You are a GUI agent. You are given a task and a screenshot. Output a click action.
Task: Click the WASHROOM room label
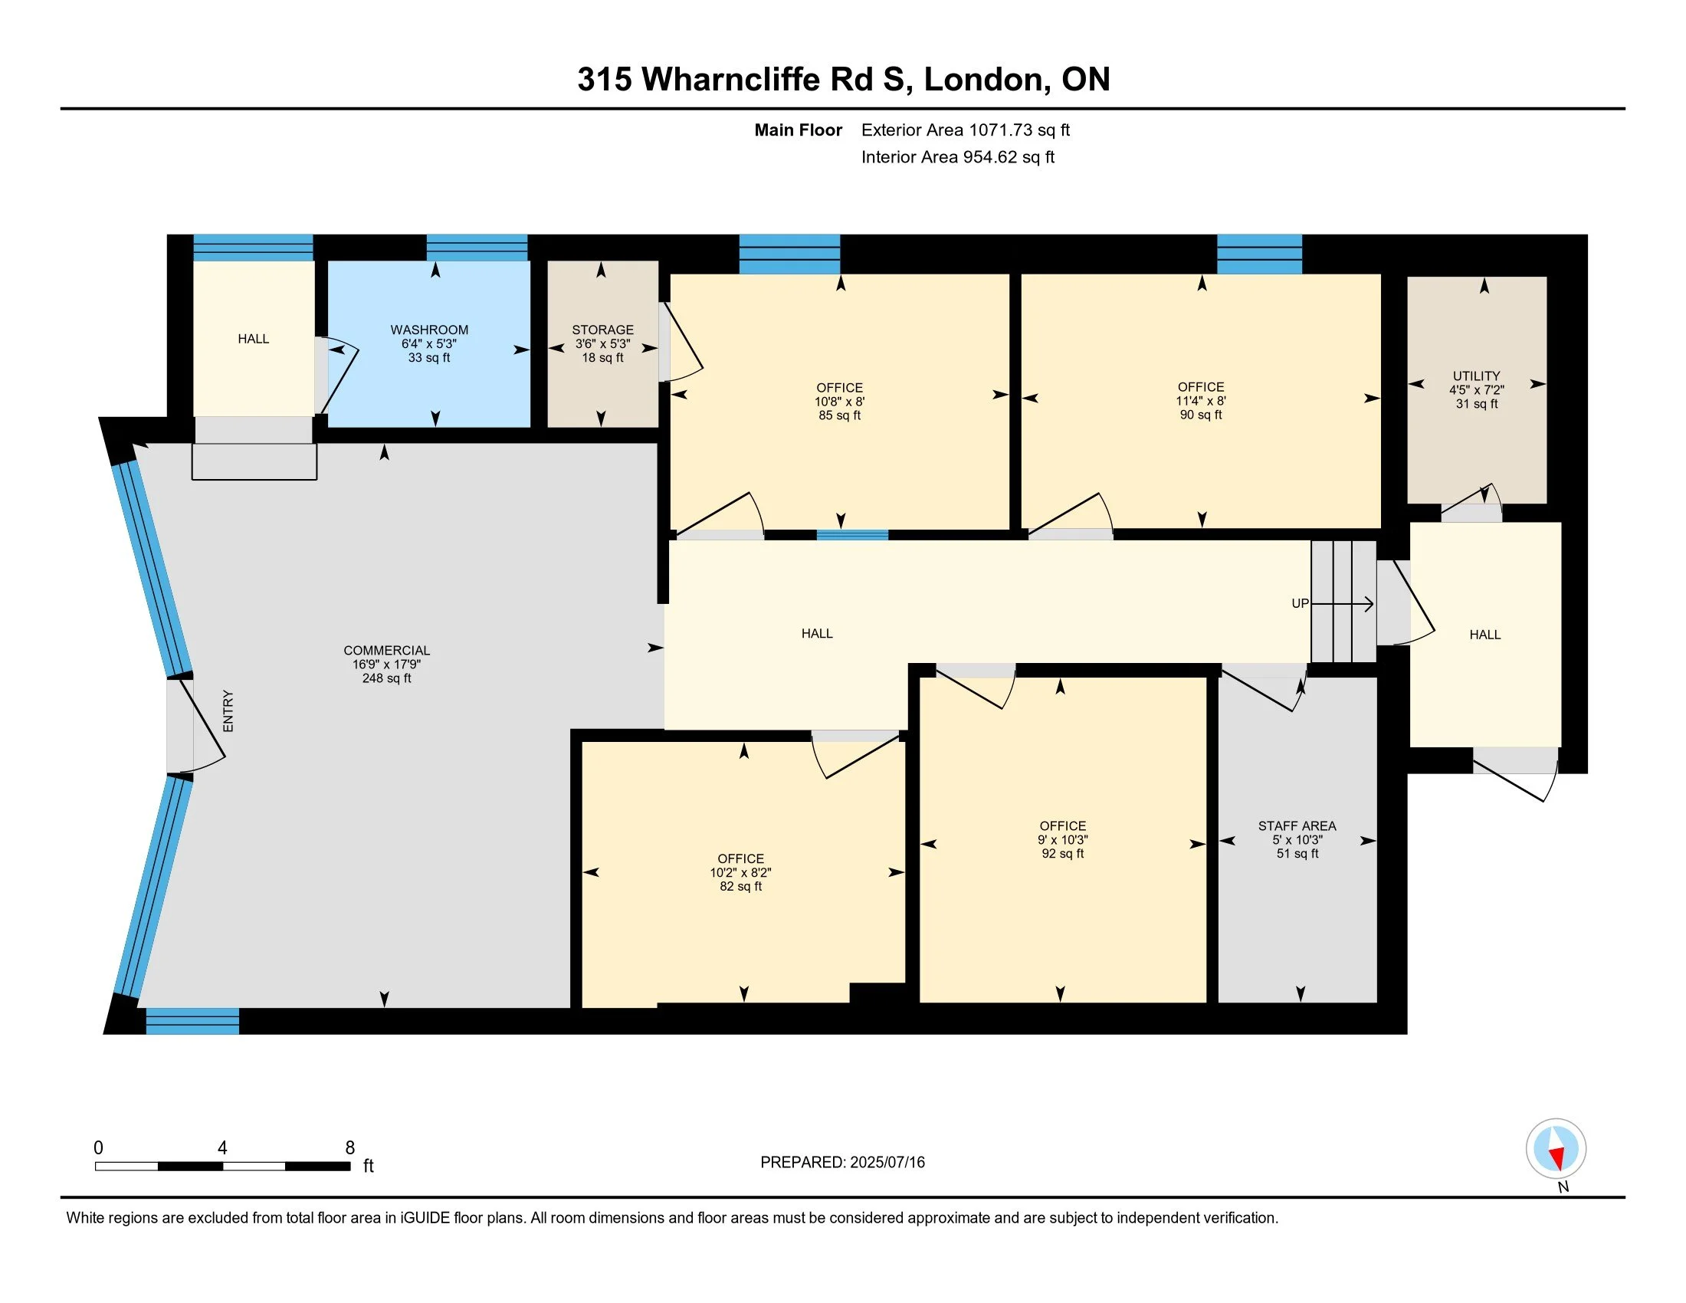tap(429, 330)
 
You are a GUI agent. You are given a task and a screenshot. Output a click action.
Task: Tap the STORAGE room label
tap(603, 330)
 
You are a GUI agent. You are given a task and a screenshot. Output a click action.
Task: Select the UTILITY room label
tap(1477, 376)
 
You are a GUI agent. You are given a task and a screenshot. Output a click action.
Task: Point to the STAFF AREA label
tap(1297, 826)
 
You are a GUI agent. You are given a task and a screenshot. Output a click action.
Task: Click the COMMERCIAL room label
tap(387, 651)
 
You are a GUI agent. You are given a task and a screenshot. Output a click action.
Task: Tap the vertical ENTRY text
tap(228, 711)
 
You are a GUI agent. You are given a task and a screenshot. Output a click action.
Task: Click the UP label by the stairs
tap(1300, 604)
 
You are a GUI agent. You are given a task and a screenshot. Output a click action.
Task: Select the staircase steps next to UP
tap(1343, 602)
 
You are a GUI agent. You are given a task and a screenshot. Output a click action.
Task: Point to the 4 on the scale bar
tap(222, 1148)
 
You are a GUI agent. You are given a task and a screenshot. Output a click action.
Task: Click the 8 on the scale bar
tap(349, 1148)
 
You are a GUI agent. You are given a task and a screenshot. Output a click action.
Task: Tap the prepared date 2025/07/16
tap(887, 1163)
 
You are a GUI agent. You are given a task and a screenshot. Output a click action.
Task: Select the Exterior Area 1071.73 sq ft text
tap(966, 130)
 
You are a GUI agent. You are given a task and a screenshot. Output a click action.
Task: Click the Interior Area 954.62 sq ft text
tap(958, 156)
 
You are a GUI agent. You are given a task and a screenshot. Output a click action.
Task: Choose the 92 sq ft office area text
tap(1063, 854)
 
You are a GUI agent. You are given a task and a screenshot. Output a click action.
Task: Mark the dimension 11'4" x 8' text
tap(1201, 401)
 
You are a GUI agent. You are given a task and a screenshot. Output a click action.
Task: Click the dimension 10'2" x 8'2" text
tap(741, 872)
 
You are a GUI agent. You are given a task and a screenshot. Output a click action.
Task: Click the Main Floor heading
tap(799, 130)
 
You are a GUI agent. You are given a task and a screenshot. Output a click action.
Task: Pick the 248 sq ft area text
tap(387, 678)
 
